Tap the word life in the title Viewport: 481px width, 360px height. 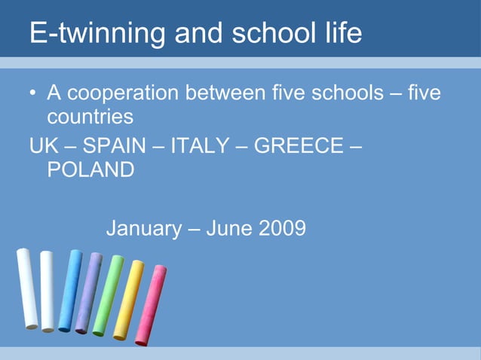[x=339, y=33]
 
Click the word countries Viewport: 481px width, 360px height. [x=90, y=117]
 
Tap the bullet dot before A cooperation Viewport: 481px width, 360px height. [x=32, y=95]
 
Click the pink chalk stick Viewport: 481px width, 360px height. [x=151, y=304]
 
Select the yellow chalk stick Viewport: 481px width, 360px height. [x=128, y=300]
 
